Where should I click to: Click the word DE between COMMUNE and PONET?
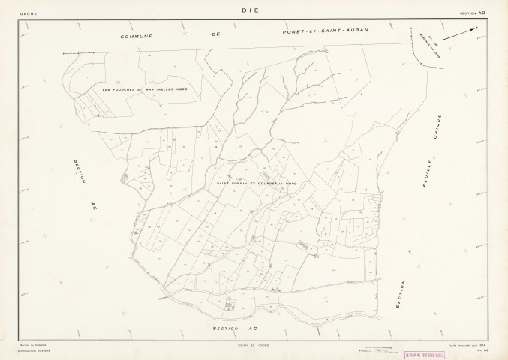[x=216, y=35]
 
